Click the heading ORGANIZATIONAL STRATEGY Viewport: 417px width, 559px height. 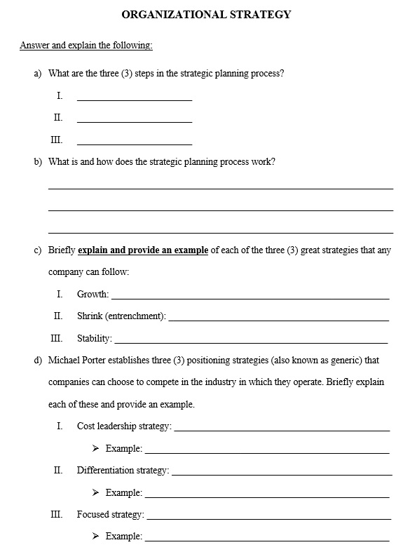tap(206, 14)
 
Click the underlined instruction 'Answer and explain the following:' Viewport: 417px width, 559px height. tap(86, 46)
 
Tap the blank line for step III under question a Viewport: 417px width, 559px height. tap(135, 144)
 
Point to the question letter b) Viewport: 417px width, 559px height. tap(38, 161)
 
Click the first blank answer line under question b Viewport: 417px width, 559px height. tap(220, 188)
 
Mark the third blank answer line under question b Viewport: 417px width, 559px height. tap(220, 232)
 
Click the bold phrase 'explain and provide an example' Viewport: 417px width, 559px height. tap(143, 250)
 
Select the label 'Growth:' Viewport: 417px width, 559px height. tap(93, 295)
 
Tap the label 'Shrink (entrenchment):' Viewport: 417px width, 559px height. tap(121, 316)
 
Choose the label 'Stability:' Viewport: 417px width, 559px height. tap(94, 339)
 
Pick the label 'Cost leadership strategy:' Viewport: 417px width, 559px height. tap(123, 426)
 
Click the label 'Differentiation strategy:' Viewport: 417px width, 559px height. tap(123, 471)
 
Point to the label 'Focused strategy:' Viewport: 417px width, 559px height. tap(110, 515)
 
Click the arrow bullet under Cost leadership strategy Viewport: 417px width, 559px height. tap(95, 448)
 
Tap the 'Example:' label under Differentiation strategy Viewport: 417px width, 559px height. tap(123, 492)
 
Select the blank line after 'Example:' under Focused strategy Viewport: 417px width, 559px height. tap(266, 540)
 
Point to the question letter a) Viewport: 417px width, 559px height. tap(38, 73)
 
